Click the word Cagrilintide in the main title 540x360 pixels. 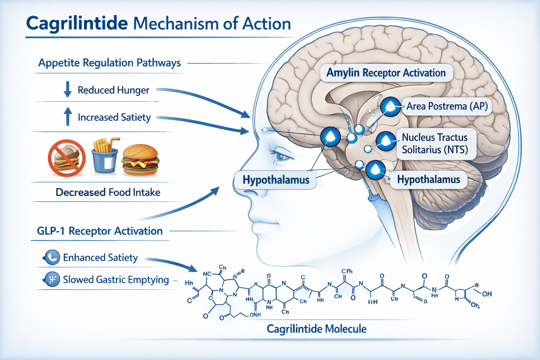pos(77,24)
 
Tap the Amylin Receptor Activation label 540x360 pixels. pos(386,73)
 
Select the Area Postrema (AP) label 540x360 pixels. pos(447,106)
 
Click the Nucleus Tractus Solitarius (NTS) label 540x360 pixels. pos(435,143)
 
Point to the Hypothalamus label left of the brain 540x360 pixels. pos(276,180)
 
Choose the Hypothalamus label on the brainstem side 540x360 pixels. pos(428,180)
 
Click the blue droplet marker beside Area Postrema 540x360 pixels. pos(391,106)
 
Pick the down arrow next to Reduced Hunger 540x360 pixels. pos(67,89)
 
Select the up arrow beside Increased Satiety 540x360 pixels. pos(68,116)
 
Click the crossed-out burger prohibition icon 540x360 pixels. pos(67,158)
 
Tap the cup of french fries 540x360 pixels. pos(105,156)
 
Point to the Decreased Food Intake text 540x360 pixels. pos(108,192)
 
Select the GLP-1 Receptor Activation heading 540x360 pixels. pos(100,231)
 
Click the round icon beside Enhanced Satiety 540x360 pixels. pos(52,257)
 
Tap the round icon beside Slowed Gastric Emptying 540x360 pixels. pos(52,279)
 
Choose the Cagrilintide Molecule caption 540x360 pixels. pos(316,329)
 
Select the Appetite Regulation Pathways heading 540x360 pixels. pos(109,63)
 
